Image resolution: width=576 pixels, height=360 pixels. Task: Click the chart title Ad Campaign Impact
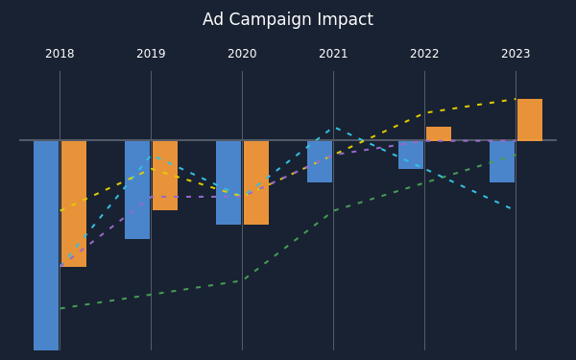(288, 19)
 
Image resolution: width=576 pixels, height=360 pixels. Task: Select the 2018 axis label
(60, 54)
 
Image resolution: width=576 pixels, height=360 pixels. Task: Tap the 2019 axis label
(151, 54)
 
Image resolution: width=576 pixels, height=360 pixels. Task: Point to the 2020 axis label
(242, 54)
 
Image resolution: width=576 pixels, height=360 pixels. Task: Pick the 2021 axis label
(333, 54)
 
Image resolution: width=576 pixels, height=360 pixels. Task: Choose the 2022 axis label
(424, 54)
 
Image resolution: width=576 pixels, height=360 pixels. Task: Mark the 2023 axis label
(516, 54)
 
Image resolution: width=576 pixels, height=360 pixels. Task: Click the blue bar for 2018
(46, 246)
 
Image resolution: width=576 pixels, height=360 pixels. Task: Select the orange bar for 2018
(74, 204)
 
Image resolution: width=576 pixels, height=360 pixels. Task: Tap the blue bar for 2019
(137, 190)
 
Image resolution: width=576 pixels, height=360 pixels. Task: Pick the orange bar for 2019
(165, 176)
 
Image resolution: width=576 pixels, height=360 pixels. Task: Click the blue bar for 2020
(228, 182)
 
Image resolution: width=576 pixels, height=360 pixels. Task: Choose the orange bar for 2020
(256, 182)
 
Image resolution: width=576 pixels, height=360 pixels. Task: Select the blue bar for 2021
(320, 161)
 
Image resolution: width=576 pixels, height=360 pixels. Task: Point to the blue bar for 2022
(411, 155)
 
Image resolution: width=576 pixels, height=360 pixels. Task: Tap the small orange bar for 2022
(439, 133)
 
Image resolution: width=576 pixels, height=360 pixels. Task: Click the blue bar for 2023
(502, 161)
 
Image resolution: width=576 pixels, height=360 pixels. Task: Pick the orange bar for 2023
(530, 120)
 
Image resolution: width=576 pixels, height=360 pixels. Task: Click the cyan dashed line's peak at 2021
(333, 128)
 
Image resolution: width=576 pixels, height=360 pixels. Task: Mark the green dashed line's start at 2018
(60, 308)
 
